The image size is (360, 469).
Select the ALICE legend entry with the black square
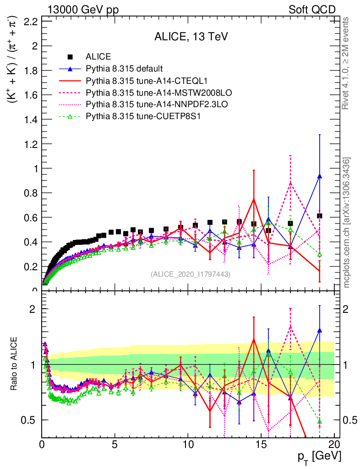tap(98, 57)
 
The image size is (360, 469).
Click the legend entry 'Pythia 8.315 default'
tap(124, 69)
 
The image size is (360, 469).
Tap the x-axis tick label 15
tap(261, 444)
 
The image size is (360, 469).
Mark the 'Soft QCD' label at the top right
tap(312, 10)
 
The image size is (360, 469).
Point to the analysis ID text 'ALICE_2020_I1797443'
tap(190, 274)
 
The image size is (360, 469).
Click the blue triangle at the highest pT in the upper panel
tap(320, 176)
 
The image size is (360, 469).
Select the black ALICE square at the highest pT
tap(320, 216)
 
